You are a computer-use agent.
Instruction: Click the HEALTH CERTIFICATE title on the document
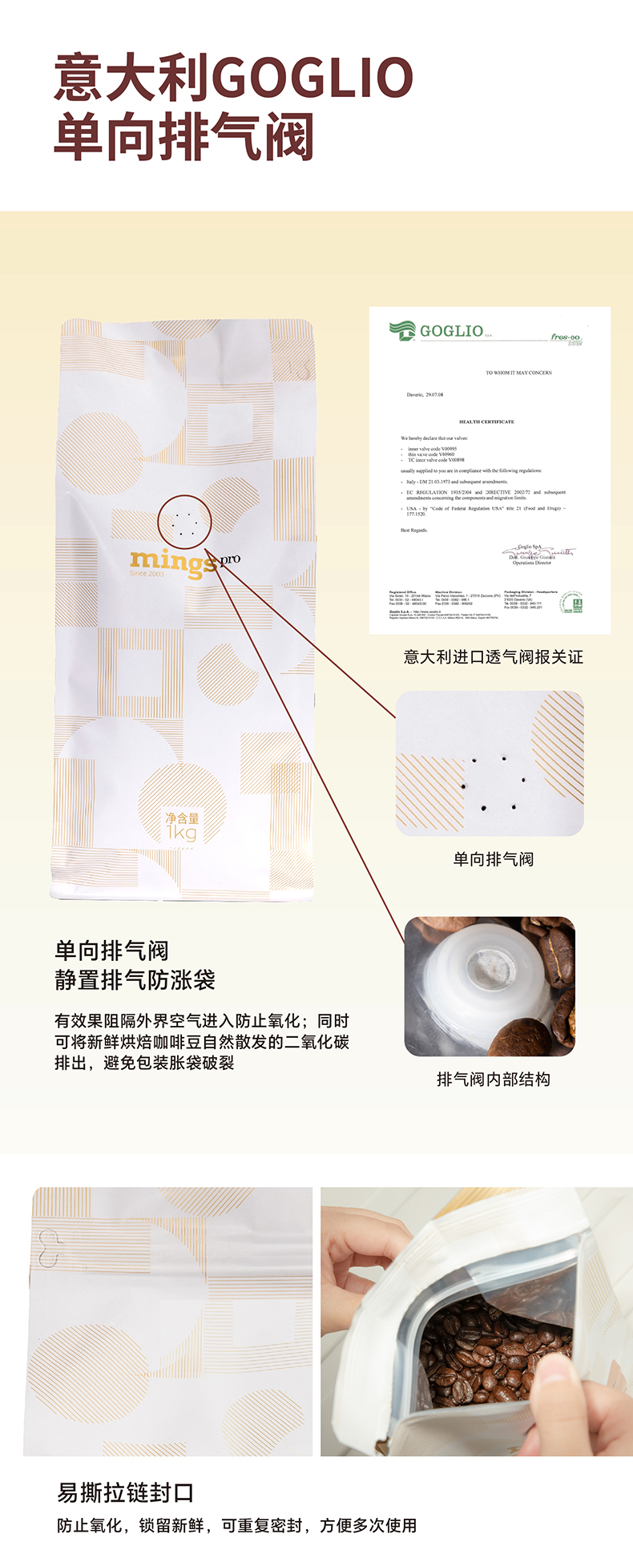486,422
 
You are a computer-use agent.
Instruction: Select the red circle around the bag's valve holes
184,521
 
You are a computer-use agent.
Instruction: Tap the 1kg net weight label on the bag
182,826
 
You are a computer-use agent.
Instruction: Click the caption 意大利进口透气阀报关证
493,657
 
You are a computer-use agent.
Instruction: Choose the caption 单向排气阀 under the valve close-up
493,859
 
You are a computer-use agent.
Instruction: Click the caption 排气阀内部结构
493,1080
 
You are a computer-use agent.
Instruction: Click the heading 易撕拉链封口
126,1493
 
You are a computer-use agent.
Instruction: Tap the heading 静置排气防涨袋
135,979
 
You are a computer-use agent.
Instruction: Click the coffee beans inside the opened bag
489,1354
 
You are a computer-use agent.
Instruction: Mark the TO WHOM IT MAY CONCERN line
518,373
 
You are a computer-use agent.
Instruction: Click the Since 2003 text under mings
147,574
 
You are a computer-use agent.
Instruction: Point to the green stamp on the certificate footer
571,602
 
